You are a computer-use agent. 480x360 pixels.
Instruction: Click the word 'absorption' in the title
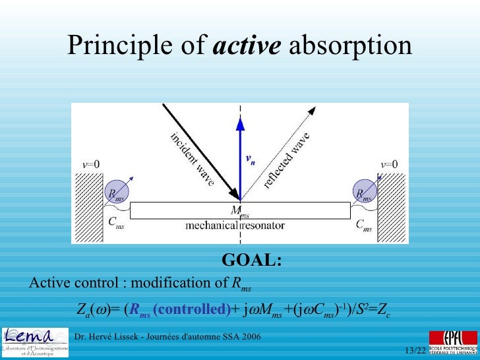click(351, 46)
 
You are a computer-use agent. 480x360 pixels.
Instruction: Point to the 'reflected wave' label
click(287, 160)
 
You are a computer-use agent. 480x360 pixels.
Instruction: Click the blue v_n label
click(251, 159)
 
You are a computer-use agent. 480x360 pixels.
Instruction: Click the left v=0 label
click(91, 164)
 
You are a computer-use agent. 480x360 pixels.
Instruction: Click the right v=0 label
click(389, 164)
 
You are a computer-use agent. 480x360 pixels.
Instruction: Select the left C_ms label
click(116, 224)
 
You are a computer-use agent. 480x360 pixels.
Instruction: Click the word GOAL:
click(251, 260)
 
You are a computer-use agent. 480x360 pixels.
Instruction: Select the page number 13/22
click(415, 349)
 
